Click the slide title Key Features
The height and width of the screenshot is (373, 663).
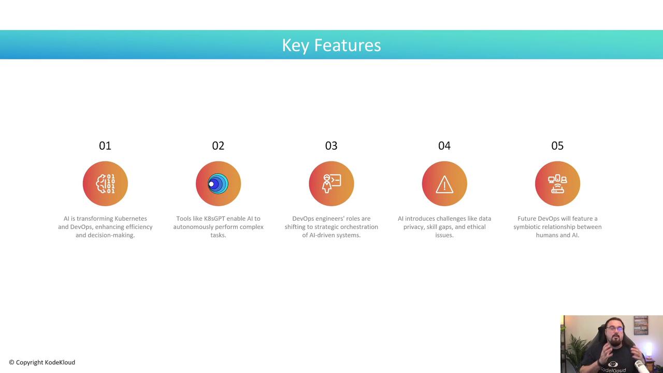331,45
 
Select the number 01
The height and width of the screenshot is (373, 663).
105,146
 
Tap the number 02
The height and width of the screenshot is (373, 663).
218,146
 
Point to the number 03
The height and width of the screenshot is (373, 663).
331,146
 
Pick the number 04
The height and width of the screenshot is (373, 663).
444,146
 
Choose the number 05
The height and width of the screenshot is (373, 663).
557,146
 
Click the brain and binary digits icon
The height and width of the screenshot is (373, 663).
105,184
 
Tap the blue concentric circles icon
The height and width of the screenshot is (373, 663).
218,184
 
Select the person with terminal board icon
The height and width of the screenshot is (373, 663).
331,184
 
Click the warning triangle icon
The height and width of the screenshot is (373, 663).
444,184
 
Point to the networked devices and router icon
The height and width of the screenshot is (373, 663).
558,184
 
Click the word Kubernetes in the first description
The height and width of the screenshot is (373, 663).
131,219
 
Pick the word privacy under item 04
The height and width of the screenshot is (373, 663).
413,227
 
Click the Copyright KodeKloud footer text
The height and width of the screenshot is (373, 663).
42,362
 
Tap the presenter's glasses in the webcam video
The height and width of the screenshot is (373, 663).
615,328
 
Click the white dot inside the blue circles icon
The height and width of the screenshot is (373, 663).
211,184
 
